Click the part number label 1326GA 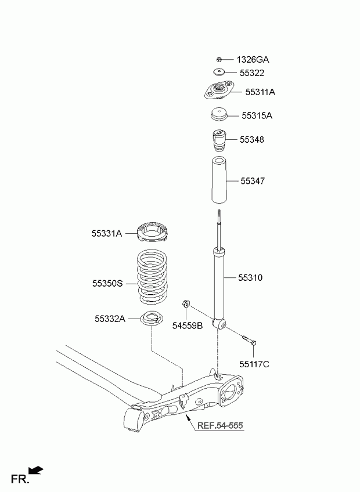point(253,60)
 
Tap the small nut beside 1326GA point(219,59)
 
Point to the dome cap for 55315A point(219,114)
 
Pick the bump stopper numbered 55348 point(219,140)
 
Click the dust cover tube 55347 point(219,180)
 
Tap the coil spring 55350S point(152,276)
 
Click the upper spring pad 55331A point(152,232)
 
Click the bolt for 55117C point(250,340)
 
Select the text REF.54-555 point(220,425)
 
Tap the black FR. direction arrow point(36,470)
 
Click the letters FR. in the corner point(20,479)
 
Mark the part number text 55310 point(250,278)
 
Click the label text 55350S point(107,283)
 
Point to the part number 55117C point(254,364)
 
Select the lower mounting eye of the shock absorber point(219,324)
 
